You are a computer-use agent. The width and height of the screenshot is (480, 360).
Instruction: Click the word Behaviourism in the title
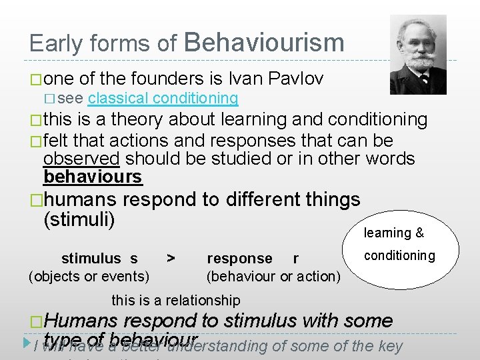point(263,43)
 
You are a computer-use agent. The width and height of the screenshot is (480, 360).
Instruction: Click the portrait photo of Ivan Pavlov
point(418,54)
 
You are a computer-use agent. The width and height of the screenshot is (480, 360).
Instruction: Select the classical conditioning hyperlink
point(163,99)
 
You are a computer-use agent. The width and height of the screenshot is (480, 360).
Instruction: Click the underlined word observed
point(81,159)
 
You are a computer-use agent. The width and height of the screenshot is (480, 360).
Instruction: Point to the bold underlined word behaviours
point(93,177)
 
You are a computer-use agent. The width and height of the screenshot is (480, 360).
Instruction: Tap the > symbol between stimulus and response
point(171,258)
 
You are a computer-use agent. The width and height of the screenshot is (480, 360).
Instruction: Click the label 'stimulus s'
point(99,259)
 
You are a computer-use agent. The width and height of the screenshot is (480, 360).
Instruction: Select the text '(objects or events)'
point(89,276)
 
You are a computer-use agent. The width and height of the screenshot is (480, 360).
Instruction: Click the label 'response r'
point(253,259)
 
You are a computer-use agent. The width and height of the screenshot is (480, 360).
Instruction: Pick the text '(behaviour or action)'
point(273,276)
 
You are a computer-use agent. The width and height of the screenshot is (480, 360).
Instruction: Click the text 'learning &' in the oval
point(393,233)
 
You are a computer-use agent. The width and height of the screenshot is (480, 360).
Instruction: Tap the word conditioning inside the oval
point(399,255)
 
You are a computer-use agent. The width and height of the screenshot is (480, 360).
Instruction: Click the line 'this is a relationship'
point(176,301)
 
